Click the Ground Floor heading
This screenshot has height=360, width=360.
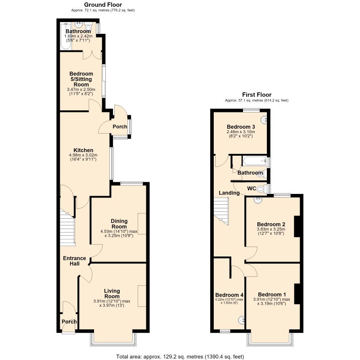click(103, 4)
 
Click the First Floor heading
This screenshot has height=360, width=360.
click(256, 94)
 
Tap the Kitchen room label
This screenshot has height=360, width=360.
click(83, 150)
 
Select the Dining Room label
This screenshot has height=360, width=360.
click(119, 224)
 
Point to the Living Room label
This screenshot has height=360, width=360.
click(112, 294)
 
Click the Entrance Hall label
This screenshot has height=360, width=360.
click(75, 261)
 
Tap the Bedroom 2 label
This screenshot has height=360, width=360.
click(271, 224)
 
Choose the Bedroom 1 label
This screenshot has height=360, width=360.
click(272, 294)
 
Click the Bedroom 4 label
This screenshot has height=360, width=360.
click(229, 295)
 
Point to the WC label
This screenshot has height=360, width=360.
click(252, 189)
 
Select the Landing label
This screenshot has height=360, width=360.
click(229, 193)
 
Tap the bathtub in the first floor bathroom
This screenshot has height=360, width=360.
click(255, 161)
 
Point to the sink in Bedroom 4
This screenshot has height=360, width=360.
click(241, 320)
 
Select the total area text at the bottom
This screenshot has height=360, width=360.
click(180, 356)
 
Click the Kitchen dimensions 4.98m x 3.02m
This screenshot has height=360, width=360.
click(83, 155)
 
